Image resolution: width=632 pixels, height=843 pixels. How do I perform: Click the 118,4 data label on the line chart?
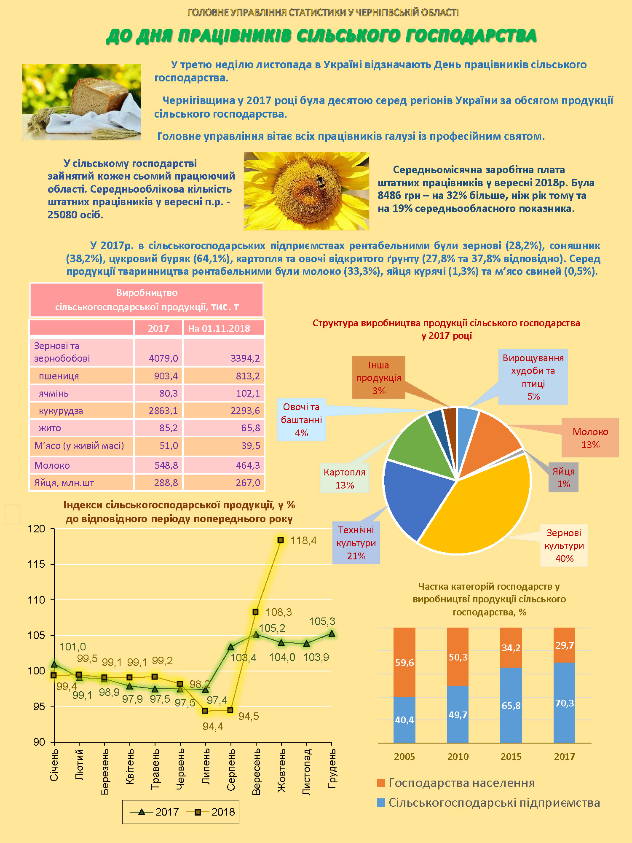303,540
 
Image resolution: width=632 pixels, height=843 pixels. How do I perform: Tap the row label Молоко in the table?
52,465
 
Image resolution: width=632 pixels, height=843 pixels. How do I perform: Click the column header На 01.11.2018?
219,328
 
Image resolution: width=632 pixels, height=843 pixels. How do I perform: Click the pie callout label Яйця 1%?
563,478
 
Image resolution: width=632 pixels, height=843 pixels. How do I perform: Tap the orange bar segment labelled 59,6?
404,662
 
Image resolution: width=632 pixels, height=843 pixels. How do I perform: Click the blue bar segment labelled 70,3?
564,703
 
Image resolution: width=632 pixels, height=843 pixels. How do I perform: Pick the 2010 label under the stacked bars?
458,757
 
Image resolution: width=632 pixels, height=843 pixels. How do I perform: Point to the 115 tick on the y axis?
36,564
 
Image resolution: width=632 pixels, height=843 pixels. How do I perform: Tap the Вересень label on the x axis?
256,771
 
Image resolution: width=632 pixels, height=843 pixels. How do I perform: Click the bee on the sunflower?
321,182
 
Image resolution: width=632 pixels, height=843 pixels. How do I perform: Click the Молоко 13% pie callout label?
590,438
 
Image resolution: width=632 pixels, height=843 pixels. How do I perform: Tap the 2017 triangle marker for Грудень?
332,634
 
